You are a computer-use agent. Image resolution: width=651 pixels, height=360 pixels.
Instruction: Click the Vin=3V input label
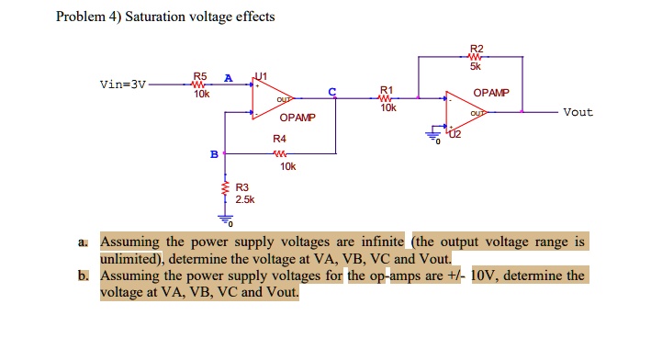[122, 84]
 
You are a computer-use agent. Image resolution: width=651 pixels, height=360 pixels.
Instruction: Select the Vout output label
[578, 112]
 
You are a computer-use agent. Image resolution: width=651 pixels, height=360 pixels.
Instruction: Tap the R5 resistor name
[200, 76]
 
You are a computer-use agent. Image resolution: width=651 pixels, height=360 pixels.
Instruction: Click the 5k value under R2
[476, 66]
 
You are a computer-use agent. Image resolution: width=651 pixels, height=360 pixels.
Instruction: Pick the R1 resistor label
[387, 90]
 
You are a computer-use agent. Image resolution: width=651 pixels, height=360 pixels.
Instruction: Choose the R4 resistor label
[279, 139]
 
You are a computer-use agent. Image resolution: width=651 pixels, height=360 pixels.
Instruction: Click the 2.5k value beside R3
[245, 198]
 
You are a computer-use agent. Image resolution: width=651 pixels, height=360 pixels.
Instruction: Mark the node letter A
[228, 77]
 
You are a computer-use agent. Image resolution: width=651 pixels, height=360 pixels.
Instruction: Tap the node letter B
[215, 154]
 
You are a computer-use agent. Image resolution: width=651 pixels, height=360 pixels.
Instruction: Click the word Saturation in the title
[157, 17]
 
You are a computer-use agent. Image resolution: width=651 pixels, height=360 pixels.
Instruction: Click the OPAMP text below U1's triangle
[297, 118]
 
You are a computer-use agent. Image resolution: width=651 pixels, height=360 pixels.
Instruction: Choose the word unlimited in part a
[133, 259]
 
